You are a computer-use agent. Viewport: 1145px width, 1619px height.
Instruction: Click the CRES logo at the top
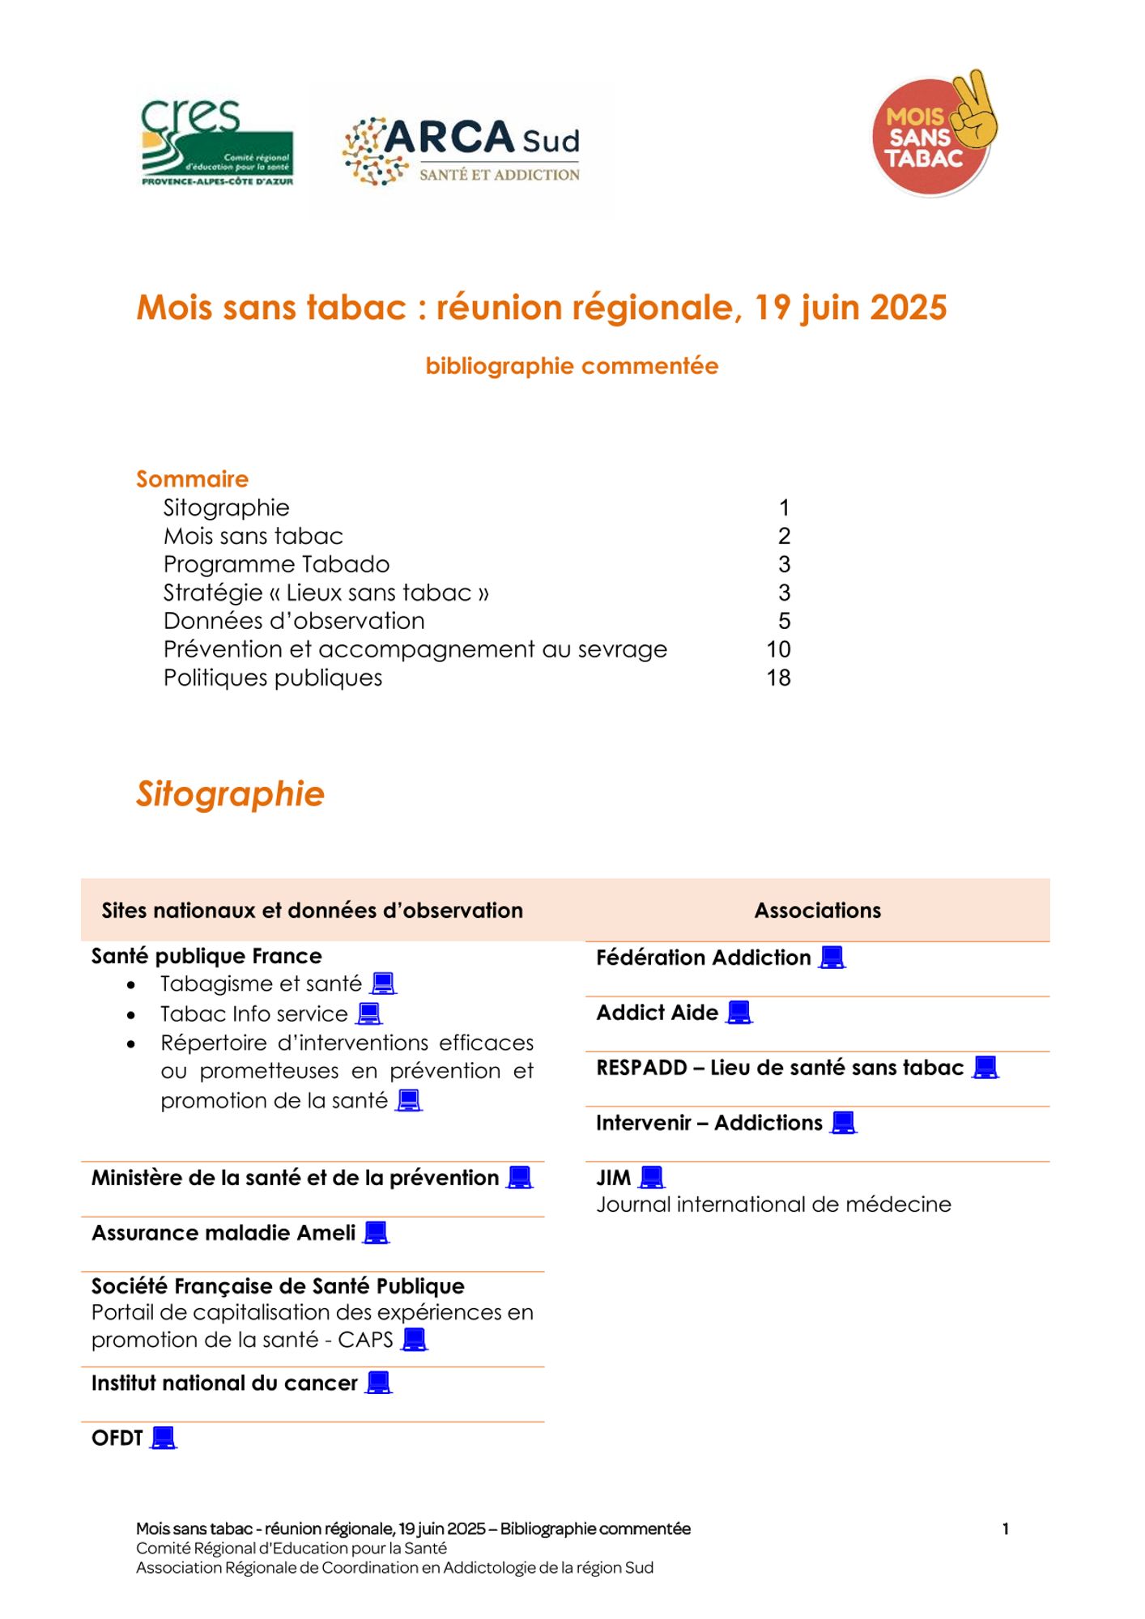(x=217, y=143)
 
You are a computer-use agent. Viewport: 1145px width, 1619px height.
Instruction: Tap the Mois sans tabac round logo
(x=934, y=135)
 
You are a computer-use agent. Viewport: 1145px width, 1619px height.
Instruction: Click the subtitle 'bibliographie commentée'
(x=572, y=366)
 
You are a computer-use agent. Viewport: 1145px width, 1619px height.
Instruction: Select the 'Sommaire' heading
(x=192, y=479)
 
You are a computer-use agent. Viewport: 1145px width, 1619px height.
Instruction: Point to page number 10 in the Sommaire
(x=778, y=649)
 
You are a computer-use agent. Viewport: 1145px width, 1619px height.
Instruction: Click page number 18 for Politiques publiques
(x=778, y=678)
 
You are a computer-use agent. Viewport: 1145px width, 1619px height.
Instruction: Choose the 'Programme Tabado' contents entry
(x=276, y=564)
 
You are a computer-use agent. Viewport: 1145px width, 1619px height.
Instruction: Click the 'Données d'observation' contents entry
(x=294, y=621)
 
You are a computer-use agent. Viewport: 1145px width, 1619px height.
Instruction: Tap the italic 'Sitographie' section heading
(x=230, y=794)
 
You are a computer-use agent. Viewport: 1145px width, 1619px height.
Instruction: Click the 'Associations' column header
(x=817, y=911)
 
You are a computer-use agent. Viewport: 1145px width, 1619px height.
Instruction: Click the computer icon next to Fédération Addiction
(x=832, y=958)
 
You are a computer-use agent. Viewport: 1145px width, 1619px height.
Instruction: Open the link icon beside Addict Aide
(x=739, y=1013)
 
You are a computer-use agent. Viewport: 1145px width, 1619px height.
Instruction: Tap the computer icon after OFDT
(x=164, y=1438)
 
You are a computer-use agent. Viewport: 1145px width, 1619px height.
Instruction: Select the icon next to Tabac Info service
(x=369, y=1014)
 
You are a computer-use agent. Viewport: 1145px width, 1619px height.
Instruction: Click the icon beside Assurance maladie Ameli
(x=376, y=1233)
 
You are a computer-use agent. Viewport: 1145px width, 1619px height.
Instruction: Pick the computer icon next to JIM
(x=652, y=1178)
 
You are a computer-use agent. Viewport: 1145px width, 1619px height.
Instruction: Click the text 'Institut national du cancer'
(x=224, y=1383)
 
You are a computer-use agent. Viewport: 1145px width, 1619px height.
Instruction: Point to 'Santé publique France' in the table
(x=206, y=956)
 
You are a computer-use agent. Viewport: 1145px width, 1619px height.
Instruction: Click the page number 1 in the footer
(x=1005, y=1529)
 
